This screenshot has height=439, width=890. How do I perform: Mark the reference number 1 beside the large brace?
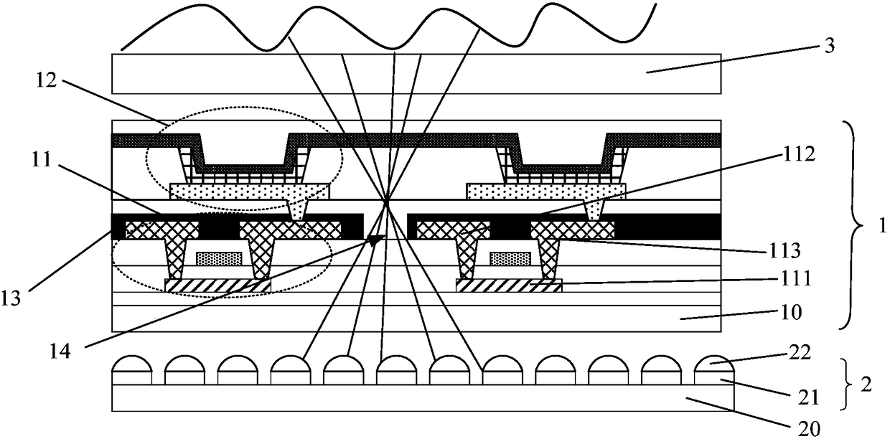coord(879,227)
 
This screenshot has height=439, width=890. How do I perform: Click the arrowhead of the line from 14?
coord(375,240)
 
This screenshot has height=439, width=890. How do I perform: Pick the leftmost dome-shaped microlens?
coord(131,363)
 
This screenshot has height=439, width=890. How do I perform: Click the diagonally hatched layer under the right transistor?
coord(509,286)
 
